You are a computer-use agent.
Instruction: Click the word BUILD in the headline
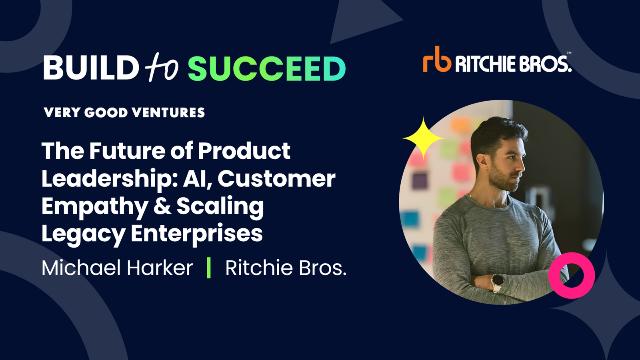91,68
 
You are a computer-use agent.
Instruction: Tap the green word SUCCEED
266,68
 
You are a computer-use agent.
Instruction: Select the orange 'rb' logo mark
437,60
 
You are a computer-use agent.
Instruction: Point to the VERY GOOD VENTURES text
124,113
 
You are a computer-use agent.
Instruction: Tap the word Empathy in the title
94,206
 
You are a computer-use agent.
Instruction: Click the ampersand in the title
162,206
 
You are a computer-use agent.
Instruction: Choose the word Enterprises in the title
196,233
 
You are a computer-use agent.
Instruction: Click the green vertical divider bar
209,268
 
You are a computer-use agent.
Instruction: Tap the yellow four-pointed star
423,138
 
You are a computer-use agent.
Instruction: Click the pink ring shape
572,275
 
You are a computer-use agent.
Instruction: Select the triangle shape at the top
360,20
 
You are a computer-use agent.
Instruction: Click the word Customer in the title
276,178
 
